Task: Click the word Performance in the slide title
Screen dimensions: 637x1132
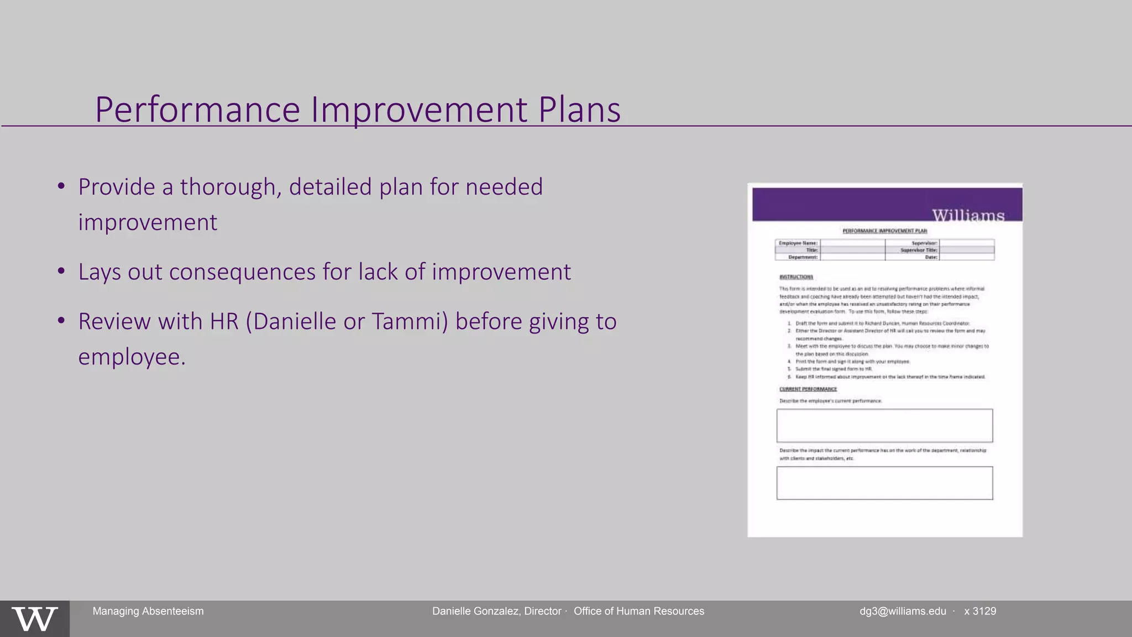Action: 197,109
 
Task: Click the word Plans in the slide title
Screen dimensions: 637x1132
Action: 579,109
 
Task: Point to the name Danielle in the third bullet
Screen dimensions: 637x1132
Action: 295,321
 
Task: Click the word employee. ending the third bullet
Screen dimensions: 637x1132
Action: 132,357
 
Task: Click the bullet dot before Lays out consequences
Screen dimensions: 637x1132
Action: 61,271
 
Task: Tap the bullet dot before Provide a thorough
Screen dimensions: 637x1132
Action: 61,186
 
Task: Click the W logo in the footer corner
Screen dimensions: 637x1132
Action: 34,619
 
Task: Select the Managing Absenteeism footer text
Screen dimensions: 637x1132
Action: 148,611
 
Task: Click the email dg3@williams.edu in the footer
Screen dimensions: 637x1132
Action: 903,611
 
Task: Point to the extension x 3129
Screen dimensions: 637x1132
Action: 980,611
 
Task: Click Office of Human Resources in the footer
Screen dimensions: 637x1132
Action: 639,611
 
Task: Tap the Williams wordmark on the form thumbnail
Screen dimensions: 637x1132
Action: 968,215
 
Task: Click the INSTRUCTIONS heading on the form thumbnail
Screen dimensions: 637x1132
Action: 796,277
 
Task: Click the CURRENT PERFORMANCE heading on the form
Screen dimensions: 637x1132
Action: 808,389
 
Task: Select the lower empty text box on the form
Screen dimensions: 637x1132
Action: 884,483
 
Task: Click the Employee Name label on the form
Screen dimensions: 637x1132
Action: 798,243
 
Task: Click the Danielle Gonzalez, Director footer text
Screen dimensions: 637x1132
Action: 496,611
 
